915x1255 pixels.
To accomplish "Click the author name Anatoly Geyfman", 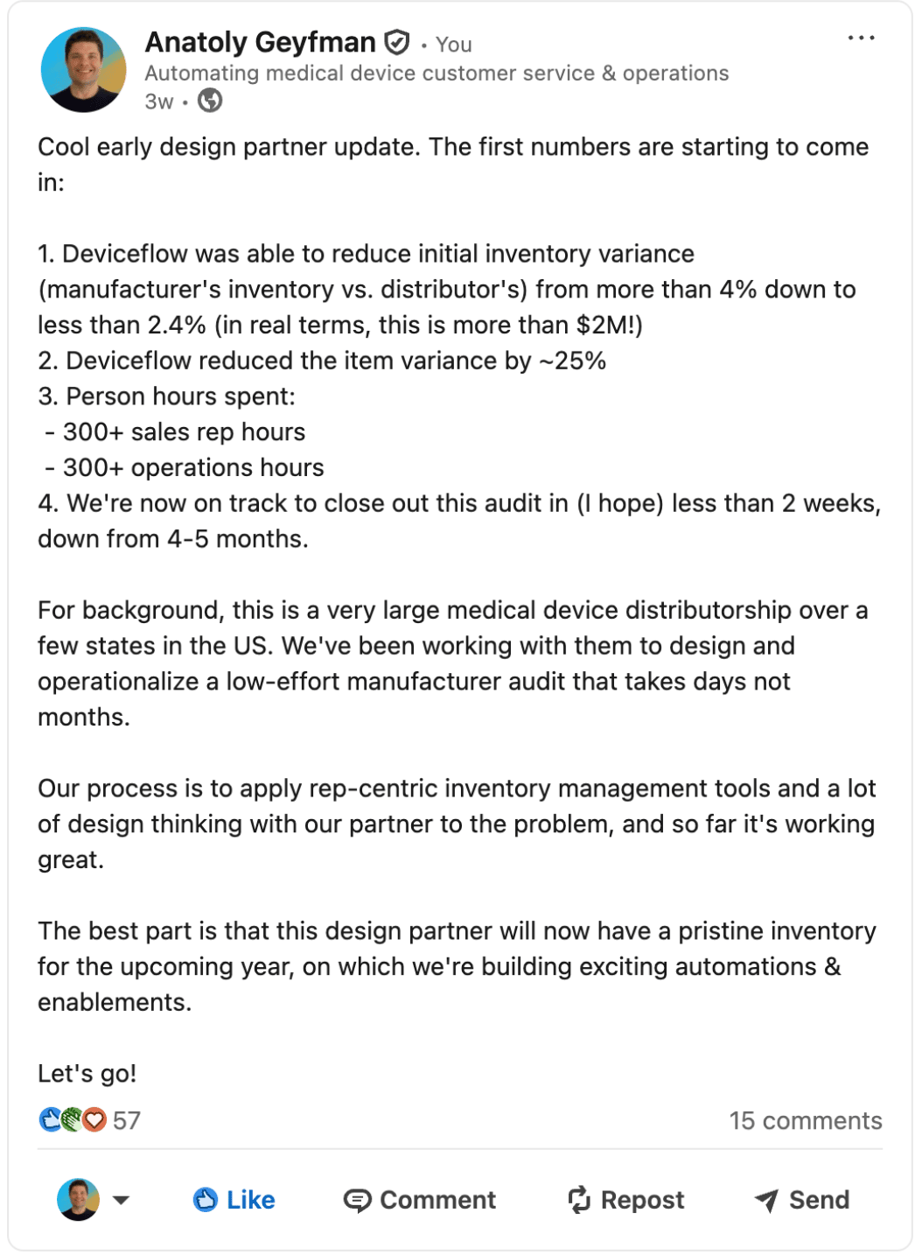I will click(x=260, y=42).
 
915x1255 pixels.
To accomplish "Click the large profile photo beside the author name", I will click(x=84, y=70).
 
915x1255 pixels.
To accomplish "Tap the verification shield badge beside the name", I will click(x=397, y=42).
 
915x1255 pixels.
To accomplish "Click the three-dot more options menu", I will click(x=861, y=39).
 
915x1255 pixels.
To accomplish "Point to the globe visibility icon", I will click(x=210, y=102).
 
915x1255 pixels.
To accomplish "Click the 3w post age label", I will click(x=159, y=102).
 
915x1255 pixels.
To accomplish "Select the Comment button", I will click(x=420, y=1200).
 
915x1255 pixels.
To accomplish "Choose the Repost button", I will click(x=626, y=1200).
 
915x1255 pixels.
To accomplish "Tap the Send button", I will click(x=802, y=1200).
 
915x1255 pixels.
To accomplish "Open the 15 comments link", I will click(x=806, y=1121).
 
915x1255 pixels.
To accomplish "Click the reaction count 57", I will click(x=127, y=1121).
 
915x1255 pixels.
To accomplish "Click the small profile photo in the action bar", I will click(x=78, y=1200).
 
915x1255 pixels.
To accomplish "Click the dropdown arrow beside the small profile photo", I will click(x=122, y=1200).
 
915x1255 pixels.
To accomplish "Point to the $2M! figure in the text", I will click(x=609, y=326).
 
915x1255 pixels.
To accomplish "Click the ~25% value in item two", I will click(x=573, y=361).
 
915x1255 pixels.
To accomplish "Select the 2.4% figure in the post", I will click(x=177, y=326).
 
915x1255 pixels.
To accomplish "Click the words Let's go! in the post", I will click(x=87, y=1074).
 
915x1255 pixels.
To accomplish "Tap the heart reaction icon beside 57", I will click(x=94, y=1120).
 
